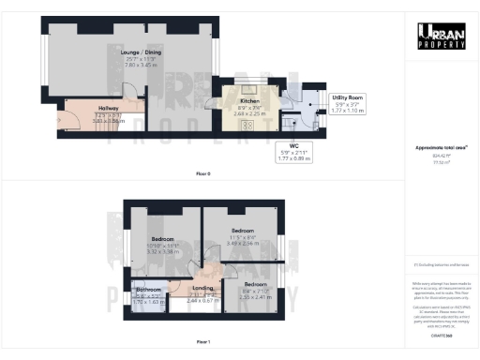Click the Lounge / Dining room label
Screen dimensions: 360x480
127,55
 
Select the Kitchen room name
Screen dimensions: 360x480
248,100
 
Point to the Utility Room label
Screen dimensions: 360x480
348,97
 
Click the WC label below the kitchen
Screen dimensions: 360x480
293,145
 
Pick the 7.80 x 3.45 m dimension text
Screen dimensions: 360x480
127,66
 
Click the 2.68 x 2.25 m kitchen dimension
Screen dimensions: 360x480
248,111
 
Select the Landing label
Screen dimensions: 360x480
203,288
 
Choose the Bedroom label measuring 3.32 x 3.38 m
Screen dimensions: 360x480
164,240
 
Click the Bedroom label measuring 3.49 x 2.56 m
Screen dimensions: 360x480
243,231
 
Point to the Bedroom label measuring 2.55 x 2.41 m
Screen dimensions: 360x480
255,284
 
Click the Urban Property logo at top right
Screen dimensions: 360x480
442,37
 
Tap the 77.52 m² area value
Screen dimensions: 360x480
442,162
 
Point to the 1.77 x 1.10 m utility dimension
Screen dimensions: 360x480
348,110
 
